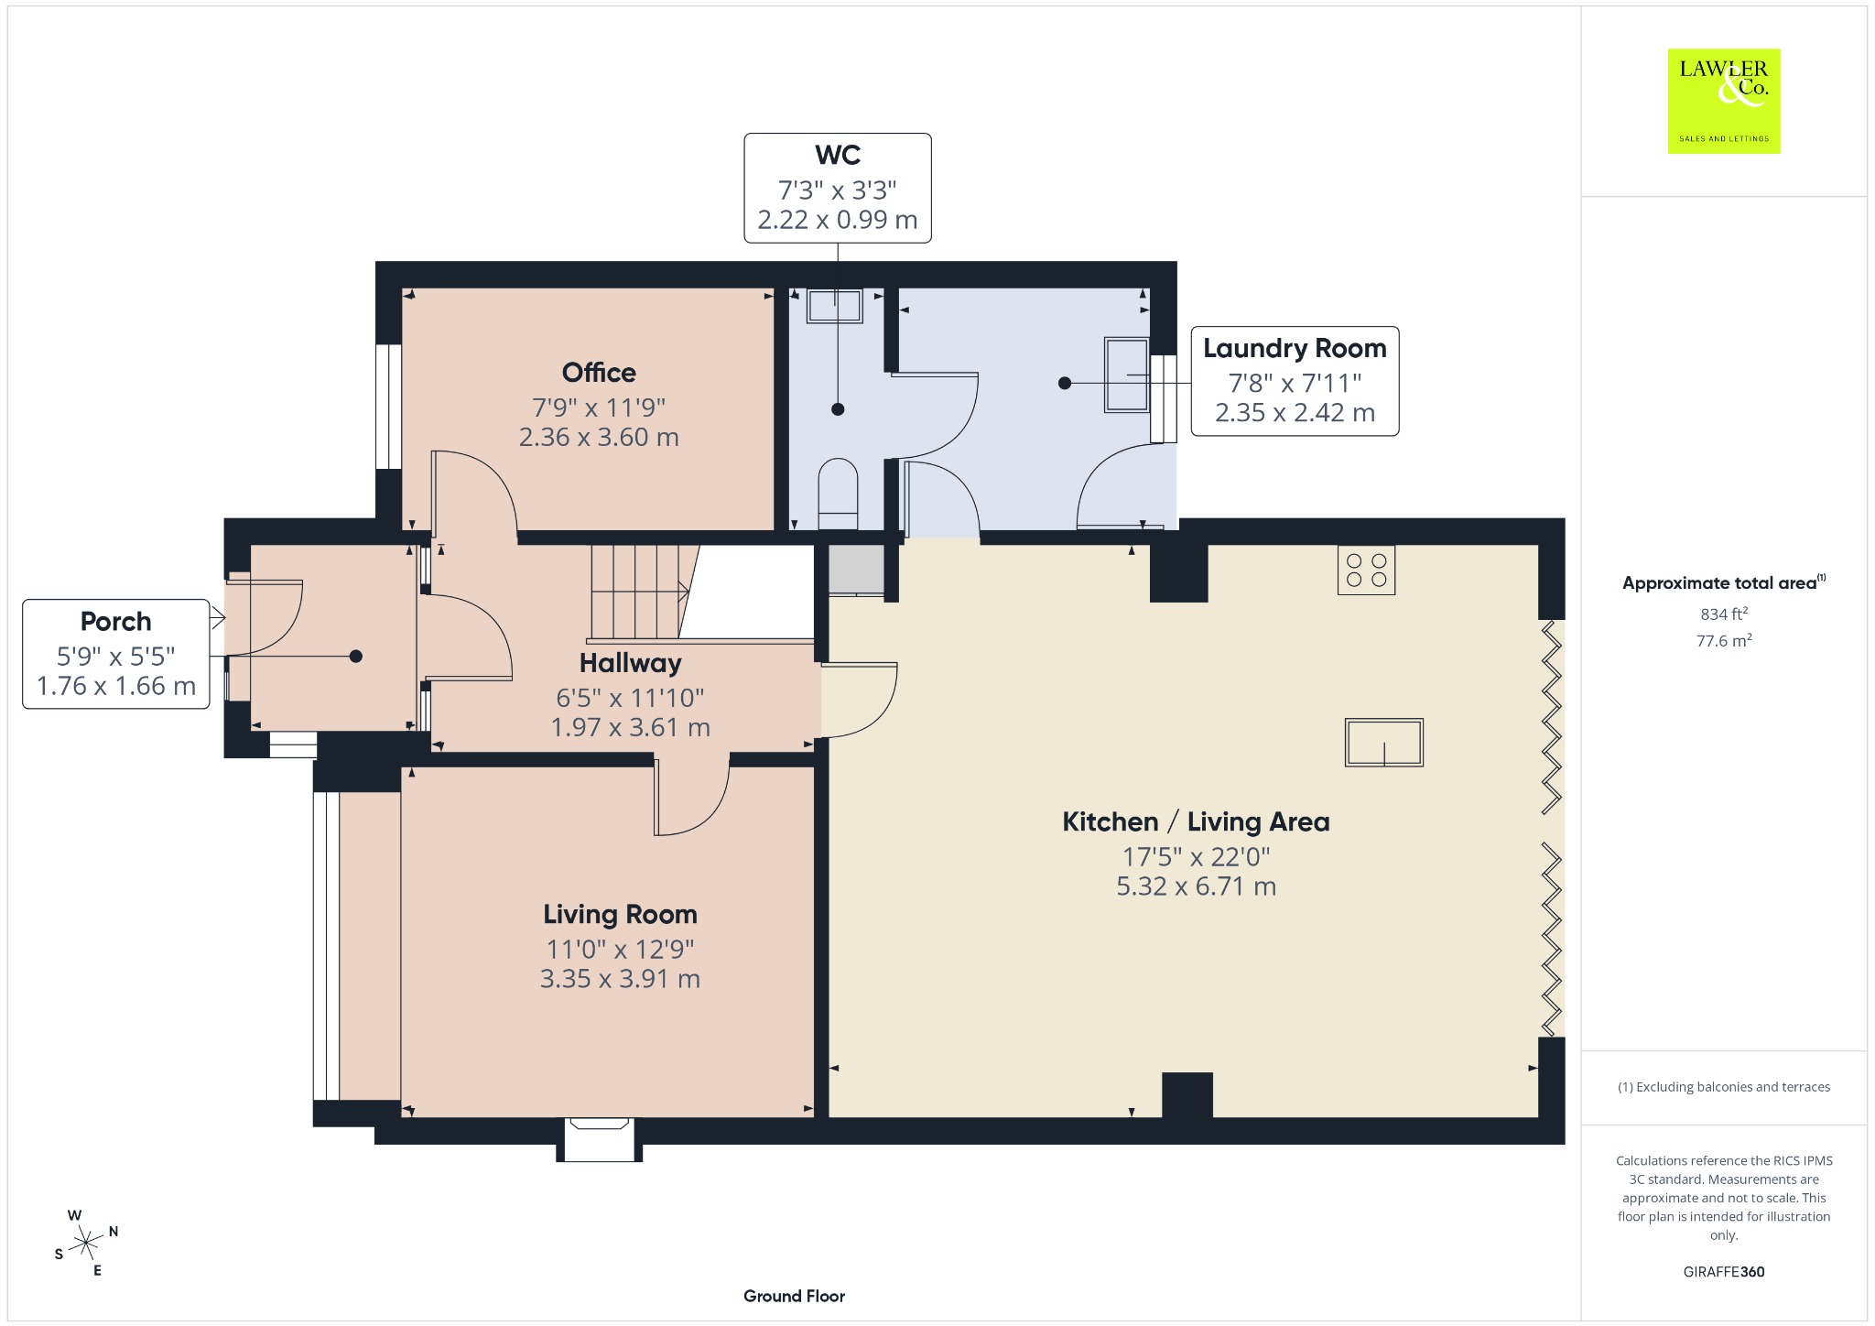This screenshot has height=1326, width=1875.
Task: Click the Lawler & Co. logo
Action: coord(1724,101)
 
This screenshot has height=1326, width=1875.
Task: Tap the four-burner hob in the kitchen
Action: coord(1366,570)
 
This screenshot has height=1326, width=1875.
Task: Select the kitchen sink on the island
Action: coord(1383,742)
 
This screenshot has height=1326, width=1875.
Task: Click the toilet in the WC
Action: coord(838,494)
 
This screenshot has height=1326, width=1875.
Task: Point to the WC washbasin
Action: coord(834,306)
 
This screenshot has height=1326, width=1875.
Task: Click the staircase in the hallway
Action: coord(639,592)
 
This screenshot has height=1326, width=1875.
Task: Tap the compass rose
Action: coord(86,1243)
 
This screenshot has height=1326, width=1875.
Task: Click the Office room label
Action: coord(599,373)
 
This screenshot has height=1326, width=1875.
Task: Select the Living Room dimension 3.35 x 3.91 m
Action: coord(620,979)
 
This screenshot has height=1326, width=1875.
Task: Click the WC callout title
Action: coord(838,156)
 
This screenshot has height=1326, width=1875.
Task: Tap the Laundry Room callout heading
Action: coord(1295,349)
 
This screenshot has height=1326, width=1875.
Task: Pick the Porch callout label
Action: coord(115,622)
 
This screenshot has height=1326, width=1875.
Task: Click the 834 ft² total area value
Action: coord(1724,614)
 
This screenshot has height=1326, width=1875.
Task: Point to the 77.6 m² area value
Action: coord(1724,640)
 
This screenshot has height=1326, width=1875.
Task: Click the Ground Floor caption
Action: coord(794,1296)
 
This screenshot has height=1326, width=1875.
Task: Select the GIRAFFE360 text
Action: coord(1724,1271)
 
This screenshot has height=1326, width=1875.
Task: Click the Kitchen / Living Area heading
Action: coord(1196,822)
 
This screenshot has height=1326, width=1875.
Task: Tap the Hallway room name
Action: coord(630,664)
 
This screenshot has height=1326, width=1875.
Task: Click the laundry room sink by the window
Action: coord(1126,375)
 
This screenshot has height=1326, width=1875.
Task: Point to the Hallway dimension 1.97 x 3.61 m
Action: coord(630,728)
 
